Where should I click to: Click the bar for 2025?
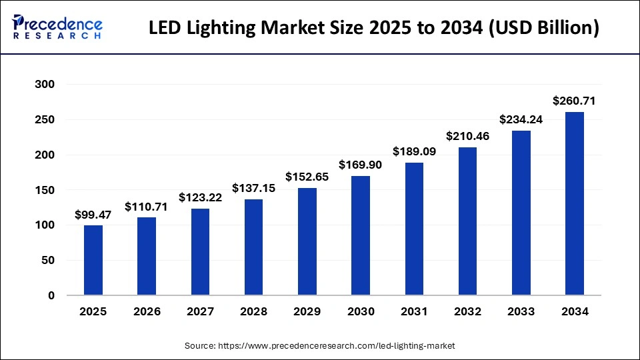pyautogui.click(x=93, y=260)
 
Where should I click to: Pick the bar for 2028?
pyautogui.click(x=253, y=247)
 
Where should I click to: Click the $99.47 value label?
pyautogui.click(x=93, y=215)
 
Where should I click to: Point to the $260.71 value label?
pyautogui.click(x=574, y=101)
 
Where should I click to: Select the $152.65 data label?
pyautogui.click(x=307, y=177)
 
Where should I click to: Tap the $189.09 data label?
pyautogui.click(x=414, y=151)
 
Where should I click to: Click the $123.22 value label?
pyautogui.click(x=200, y=198)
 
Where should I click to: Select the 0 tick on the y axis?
pyautogui.click(x=51, y=295)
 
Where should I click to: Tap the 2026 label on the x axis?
pyautogui.click(x=147, y=311)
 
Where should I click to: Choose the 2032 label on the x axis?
pyautogui.click(x=467, y=311)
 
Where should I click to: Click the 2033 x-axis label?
pyautogui.click(x=521, y=311)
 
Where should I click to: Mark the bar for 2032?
pyautogui.click(x=467, y=221)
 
